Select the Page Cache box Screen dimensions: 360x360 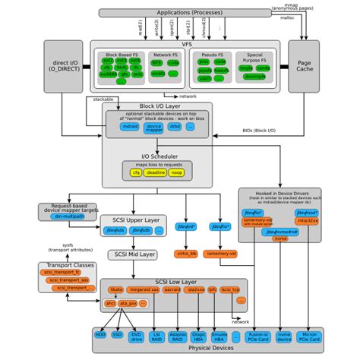[305, 67]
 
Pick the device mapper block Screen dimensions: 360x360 [155, 128]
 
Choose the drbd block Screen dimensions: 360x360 [175, 128]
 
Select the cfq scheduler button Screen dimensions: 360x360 [137, 173]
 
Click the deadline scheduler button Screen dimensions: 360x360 [157, 173]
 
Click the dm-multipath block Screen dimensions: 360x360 [68, 216]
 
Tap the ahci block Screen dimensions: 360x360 [111, 303]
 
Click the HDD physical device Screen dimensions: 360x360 [100, 335]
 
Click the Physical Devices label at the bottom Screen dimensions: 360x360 [210, 349]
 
